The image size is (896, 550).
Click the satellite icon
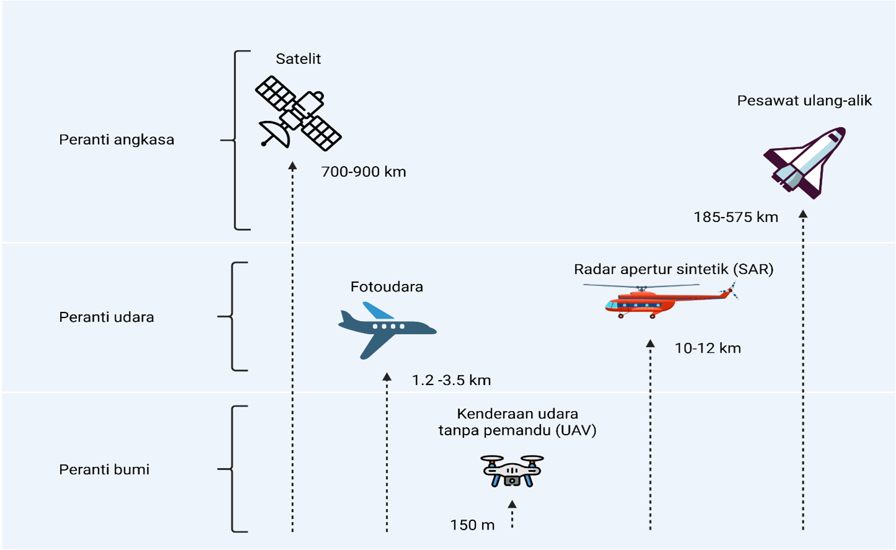pos(299,113)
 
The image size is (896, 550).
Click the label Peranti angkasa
pos(116,140)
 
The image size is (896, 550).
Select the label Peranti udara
pos(107,317)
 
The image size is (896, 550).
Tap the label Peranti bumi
pos(104,469)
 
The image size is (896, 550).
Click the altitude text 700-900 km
pos(363,172)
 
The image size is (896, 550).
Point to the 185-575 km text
pos(736,217)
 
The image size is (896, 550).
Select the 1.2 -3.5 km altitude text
pos(451,380)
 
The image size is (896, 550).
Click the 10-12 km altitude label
pos(708,348)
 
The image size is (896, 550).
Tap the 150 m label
pos(472,525)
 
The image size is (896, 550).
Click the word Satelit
pos(298,59)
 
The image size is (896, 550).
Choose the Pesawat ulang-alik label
pos(804,100)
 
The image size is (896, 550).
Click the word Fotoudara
pos(387,286)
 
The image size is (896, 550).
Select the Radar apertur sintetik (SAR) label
pos(674,269)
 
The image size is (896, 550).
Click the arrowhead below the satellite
pos(292,166)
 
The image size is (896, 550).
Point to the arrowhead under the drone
pos(512,505)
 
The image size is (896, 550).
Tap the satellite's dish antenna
pos(275,133)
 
